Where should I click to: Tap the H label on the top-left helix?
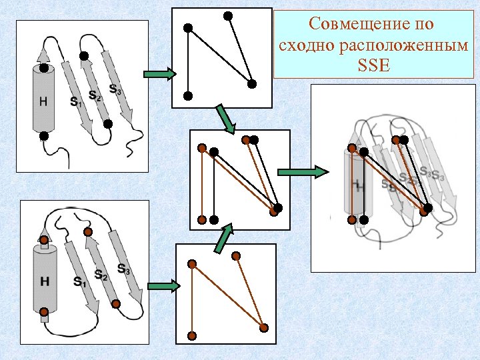pyautogui.click(x=43, y=101)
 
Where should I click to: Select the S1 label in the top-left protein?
pyautogui.click(x=75, y=101)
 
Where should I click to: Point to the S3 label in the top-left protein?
pyautogui.click(x=115, y=89)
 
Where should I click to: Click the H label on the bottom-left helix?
pyautogui.click(x=44, y=281)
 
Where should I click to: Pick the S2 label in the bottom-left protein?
pyautogui.click(x=101, y=275)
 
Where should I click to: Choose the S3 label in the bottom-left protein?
pyautogui.click(x=124, y=269)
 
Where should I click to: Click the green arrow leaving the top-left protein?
pyautogui.click(x=159, y=74)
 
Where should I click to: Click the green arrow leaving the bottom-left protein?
pyautogui.click(x=163, y=287)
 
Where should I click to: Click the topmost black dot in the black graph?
pyautogui.click(x=228, y=15)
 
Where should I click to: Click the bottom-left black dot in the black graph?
pyautogui.click(x=188, y=95)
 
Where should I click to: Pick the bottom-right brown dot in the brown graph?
pyautogui.click(x=264, y=327)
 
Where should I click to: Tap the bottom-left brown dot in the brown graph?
pyautogui.click(x=192, y=335)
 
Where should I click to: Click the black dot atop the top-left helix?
pyautogui.click(x=43, y=67)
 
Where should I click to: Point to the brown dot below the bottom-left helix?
pyautogui.click(x=44, y=311)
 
